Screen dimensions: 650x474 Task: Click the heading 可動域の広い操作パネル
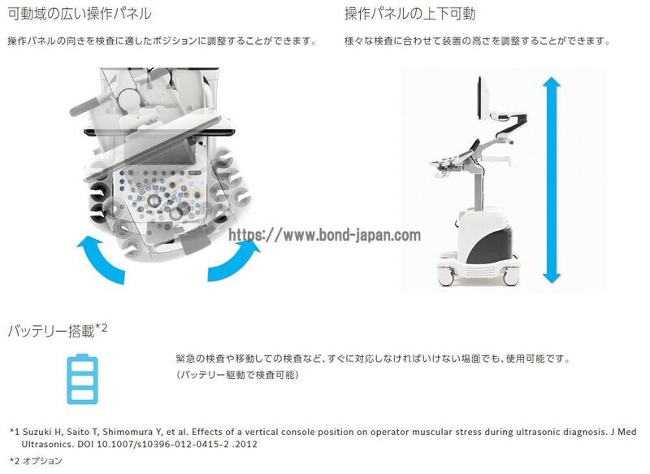tap(80, 14)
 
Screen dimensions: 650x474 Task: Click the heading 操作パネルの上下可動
tap(410, 14)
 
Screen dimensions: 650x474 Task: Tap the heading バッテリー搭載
tap(51, 332)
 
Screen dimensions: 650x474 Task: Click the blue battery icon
tap(83, 379)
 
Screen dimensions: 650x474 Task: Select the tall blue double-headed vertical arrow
tap(552, 180)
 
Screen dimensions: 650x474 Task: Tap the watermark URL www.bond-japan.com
tap(324, 235)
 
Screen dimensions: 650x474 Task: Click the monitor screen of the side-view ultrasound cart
tap(481, 98)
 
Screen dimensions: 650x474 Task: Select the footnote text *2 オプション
tap(36, 460)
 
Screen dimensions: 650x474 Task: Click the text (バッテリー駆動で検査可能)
tap(237, 375)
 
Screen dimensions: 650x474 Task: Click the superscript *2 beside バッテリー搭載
tap(102, 328)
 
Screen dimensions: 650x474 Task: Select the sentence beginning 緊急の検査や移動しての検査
tap(374, 359)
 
